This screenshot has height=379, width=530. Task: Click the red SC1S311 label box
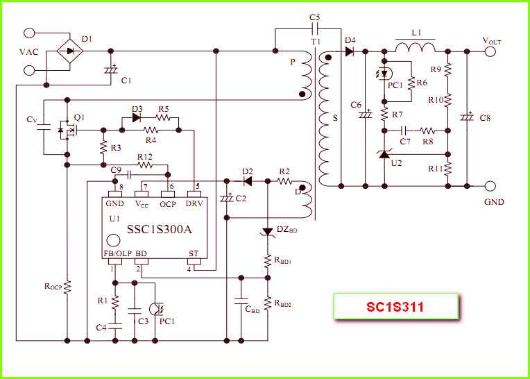(396, 306)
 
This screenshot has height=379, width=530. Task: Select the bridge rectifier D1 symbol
(69, 50)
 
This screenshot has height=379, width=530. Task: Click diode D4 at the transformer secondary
(350, 51)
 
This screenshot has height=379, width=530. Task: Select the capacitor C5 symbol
(316, 28)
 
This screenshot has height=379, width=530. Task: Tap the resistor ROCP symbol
(67, 287)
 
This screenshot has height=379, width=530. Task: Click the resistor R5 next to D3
(164, 117)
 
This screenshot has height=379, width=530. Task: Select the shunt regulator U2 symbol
(384, 157)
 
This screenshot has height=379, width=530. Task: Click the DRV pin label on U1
(194, 203)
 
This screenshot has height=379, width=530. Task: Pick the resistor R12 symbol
(145, 165)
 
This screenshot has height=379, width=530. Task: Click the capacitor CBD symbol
(241, 303)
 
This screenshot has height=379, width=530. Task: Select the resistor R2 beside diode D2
(284, 180)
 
